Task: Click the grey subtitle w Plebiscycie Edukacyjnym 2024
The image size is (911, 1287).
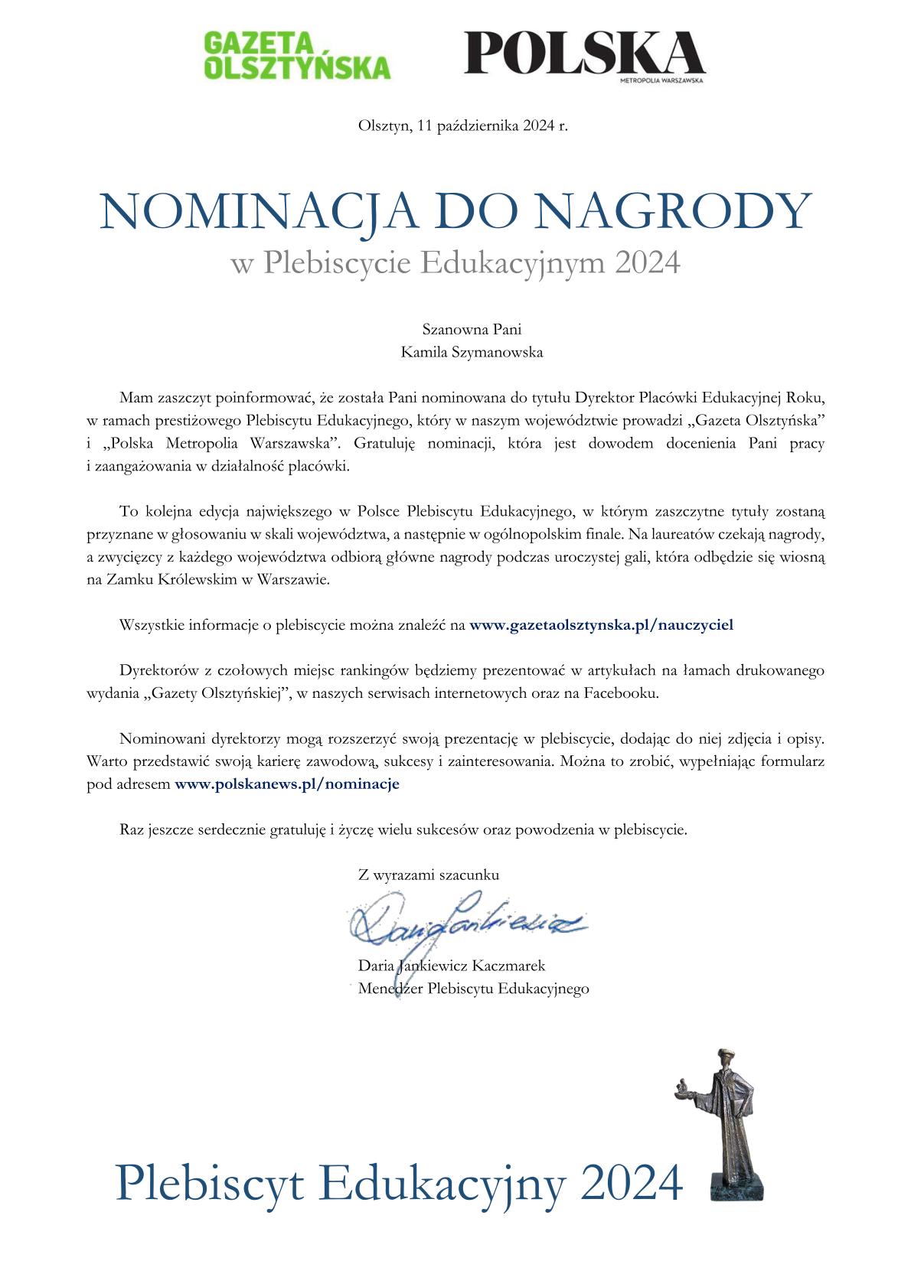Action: point(455,263)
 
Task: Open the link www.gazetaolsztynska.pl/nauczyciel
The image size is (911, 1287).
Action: point(601,625)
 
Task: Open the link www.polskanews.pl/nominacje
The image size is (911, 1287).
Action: point(287,784)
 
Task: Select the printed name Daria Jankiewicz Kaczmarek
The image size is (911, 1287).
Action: point(452,966)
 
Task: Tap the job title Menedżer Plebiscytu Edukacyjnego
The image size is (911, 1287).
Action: point(473,989)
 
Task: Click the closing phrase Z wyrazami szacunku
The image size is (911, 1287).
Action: point(428,875)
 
